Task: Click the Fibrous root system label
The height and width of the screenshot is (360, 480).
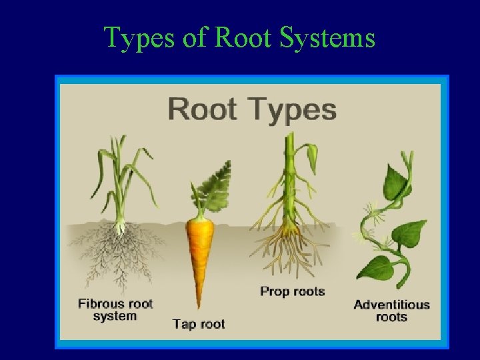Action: [x=115, y=310]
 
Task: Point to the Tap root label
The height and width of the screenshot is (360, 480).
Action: [x=199, y=325]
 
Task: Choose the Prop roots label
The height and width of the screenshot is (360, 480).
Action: [x=292, y=291]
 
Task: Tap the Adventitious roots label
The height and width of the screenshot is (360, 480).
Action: [x=391, y=311]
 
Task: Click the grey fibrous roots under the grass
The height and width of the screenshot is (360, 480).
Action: [x=120, y=253]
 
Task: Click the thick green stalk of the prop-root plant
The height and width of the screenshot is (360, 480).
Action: [x=290, y=180]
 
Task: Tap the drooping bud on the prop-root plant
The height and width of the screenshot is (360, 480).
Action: [x=312, y=157]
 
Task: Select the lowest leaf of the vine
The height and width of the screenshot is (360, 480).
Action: [x=377, y=268]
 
